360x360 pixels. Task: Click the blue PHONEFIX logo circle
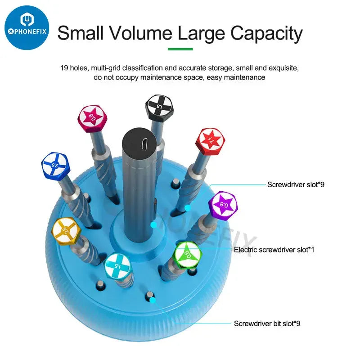pyautogui.click(x=27, y=28)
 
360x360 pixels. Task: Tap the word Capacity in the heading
pyautogui.click(x=266, y=33)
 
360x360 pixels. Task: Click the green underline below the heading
pyautogui.click(x=180, y=49)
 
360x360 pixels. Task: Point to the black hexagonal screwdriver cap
pyautogui.click(x=159, y=108)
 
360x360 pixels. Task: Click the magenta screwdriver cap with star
pyautogui.click(x=92, y=119)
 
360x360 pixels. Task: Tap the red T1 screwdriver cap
pyautogui.click(x=210, y=141)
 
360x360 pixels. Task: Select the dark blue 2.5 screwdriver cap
pyautogui.click(x=55, y=166)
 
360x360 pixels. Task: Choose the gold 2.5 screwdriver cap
pyautogui.click(x=66, y=231)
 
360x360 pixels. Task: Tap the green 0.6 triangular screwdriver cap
pyautogui.click(x=188, y=255)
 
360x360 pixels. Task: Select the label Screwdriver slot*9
pyautogui.click(x=296, y=184)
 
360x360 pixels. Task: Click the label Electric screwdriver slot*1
pyautogui.click(x=274, y=250)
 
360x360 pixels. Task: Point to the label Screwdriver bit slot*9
pyautogui.click(x=267, y=324)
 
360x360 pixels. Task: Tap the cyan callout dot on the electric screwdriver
pyautogui.click(x=154, y=225)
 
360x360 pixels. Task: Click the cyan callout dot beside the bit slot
pyautogui.click(x=153, y=300)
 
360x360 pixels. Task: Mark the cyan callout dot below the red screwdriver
pyautogui.click(x=188, y=208)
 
